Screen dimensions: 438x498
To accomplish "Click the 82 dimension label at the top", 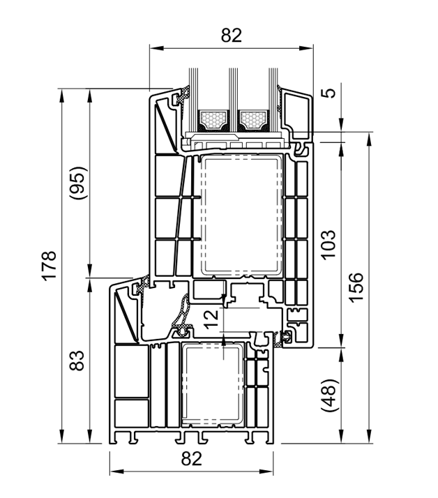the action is pyautogui.click(x=232, y=36).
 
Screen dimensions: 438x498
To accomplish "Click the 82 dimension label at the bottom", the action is pyautogui.click(x=192, y=459).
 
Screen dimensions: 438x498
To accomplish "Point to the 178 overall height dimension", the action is pyautogui.click(x=50, y=266).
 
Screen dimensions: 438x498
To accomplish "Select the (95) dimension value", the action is pyautogui.click(x=78, y=183).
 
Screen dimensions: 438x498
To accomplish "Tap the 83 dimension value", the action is pyautogui.click(x=77, y=361).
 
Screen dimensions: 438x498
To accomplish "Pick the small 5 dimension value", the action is pyautogui.click(x=331, y=93).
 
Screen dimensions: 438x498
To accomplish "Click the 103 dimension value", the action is pyautogui.click(x=328, y=245).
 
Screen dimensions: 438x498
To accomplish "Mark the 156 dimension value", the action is pyautogui.click(x=356, y=287).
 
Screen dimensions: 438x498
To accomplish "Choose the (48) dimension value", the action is pyautogui.click(x=330, y=395).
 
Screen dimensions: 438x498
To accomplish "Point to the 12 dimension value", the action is pyautogui.click(x=211, y=319).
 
